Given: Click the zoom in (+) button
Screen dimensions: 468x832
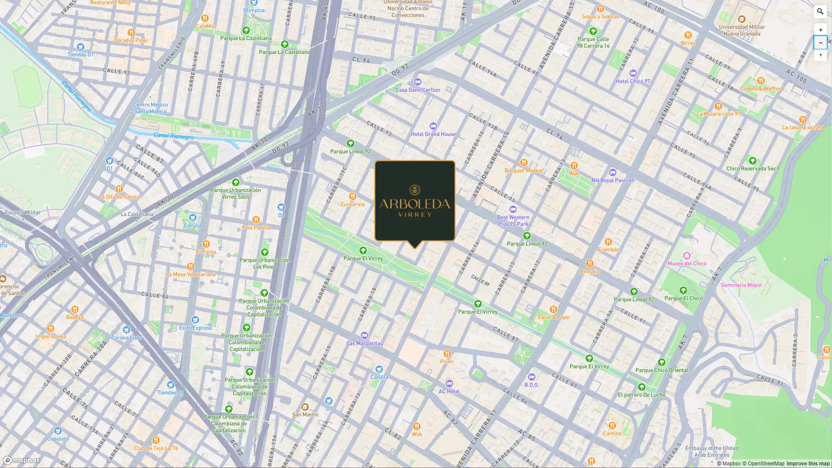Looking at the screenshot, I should coord(820,30).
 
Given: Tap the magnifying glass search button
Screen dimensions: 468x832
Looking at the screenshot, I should coord(820,12).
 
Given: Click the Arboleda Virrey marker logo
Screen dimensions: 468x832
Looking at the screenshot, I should coord(415,201).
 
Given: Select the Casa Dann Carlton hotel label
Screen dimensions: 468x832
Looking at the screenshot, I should coord(417,90).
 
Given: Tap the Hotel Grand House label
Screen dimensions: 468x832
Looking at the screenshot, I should coord(433,134).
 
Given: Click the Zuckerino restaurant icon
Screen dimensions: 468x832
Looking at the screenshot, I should coord(353,196).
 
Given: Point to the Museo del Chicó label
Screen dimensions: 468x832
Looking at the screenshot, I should coord(687,263).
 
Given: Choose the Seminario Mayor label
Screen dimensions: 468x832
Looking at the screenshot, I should coord(741,285).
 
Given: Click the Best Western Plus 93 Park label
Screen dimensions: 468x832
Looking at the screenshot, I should coord(513,221).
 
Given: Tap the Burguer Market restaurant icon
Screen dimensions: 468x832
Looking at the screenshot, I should coord(523,163).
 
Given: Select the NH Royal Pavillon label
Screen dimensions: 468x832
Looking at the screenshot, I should coord(613,180).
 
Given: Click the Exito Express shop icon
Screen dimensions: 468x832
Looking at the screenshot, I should coord(195,320).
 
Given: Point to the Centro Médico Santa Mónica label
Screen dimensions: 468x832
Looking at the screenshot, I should coord(150,108).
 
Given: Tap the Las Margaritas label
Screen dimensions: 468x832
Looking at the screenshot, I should coord(364,344).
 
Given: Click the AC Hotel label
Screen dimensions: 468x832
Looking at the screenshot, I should coord(449,391).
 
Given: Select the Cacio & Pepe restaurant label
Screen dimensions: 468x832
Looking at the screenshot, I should coord(553,317).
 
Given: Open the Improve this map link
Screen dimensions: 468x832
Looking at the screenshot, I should coord(808,464).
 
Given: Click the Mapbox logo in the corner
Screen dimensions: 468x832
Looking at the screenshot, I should coord(22,460).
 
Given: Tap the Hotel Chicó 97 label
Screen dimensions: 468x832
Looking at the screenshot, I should coord(633,81).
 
